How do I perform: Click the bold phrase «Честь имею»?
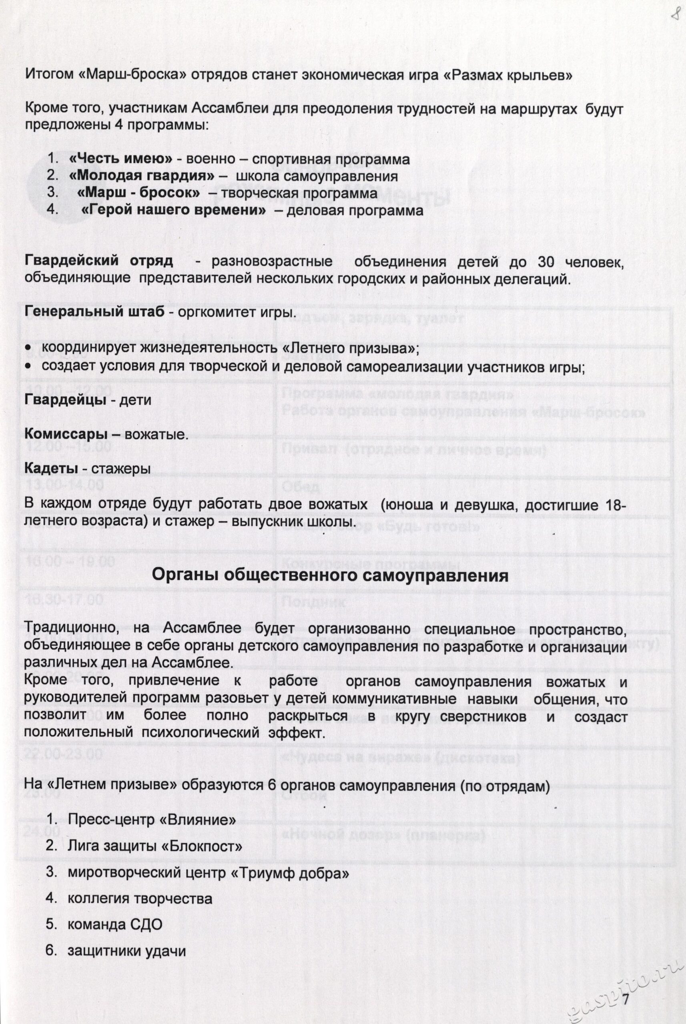(120, 159)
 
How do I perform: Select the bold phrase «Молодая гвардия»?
(142, 176)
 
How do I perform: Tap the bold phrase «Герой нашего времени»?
(174, 210)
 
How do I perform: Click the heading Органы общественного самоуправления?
(330, 575)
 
